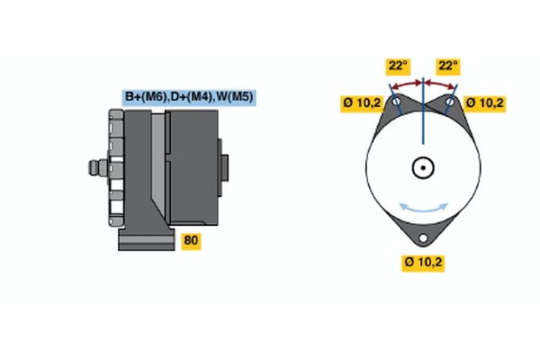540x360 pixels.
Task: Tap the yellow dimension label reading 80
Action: tap(191, 240)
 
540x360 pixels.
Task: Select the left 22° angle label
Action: tap(398, 66)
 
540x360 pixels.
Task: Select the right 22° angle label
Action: tap(447, 66)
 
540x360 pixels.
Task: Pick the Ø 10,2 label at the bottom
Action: tap(424, 263)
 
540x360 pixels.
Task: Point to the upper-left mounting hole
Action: tap(395, 103)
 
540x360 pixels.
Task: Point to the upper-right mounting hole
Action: tap(453, 103)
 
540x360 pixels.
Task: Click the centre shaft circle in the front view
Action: tap(423, 167)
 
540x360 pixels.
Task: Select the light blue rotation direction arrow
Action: tap(424, 208)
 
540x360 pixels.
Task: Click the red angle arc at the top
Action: tap(423, 83)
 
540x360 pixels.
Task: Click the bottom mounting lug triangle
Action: tap(424, 231)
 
